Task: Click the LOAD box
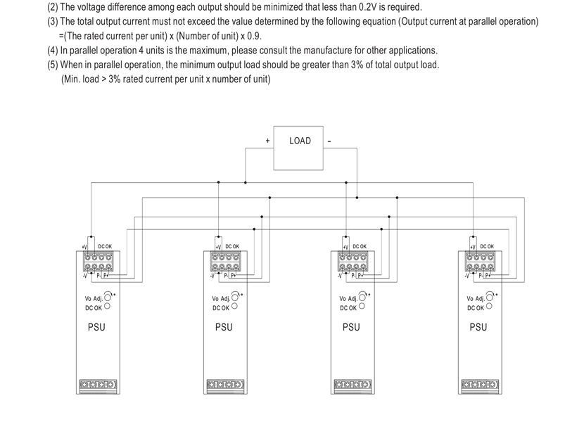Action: tap(298, 148)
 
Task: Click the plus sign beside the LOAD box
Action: tap(267, 141)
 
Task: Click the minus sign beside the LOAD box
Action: tap(329, 141)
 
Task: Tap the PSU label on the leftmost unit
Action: tap(96, 327)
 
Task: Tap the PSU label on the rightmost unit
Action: tap(478, 327)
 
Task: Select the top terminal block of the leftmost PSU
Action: tap(99, 262)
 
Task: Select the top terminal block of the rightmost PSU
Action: tap(481, 262)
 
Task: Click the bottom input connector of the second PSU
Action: tap(225, 384)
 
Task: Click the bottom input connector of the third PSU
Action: tap(353, 384)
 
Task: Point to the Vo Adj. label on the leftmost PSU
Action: tap(94, 299)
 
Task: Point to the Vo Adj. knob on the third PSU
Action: tap(362, 297)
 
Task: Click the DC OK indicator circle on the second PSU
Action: tap(234, 306)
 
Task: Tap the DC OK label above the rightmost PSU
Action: tap(487, 247)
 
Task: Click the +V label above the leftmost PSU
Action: tap(84, 247)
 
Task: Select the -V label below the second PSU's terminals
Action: tap(212, 276)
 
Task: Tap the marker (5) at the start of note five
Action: tap(53, 65)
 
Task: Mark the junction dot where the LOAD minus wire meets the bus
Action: tap(357, 198)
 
